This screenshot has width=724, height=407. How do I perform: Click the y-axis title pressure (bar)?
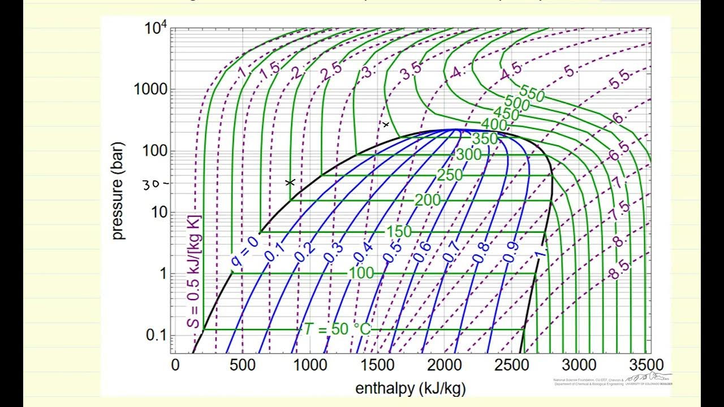118,192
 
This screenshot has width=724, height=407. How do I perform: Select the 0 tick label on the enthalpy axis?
175,365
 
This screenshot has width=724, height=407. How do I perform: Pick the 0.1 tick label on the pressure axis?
155,335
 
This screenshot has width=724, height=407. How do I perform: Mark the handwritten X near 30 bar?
290,182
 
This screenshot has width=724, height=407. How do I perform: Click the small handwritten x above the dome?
386,124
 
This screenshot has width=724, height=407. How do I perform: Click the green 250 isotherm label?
450,175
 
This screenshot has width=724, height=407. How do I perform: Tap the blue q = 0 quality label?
244,251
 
